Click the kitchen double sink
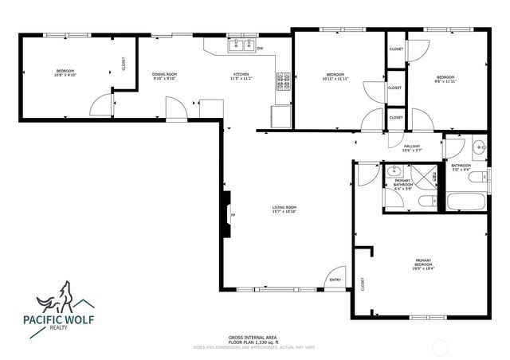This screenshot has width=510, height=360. pyautogui.click(x=240, y=45)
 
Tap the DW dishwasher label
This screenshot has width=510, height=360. pyautogui.click(x=261, y=49)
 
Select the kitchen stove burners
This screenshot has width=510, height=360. pyautogui.click(x=283, y=79)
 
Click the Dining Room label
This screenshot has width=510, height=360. pyautogui.click(x=164, y=76)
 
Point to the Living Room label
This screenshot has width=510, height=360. pyautogui.click(x=284, y=209)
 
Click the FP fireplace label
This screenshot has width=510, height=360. pyautogui.click(x=233, y=216)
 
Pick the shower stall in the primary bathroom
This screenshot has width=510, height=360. pyautogui.click(x=427, y=174)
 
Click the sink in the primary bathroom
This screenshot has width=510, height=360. pyautogui.click(x=394, y=170)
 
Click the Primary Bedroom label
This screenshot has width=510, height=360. pyautogui.click(x=422, y=264)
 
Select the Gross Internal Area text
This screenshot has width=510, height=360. pyautogui.click(x=253, y=338)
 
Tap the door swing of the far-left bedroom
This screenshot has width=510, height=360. pyautogui.click(x=100, y=104)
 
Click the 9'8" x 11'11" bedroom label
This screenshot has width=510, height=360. pyautogui.click(x=443, y=79)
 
